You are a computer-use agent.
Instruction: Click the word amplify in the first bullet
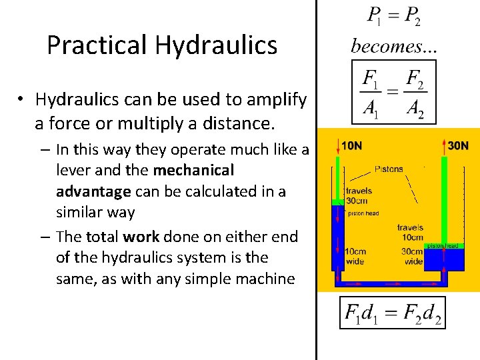[275, 100]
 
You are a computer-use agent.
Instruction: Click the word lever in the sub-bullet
[75, 170]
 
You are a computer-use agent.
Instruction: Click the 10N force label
[352, 145]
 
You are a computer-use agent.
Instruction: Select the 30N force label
[458, 145]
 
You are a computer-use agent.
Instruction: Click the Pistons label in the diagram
[389, 169]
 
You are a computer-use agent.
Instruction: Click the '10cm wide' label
[356, 256]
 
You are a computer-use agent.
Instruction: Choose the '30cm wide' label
[413, 256]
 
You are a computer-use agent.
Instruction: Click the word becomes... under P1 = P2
[385, 47]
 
